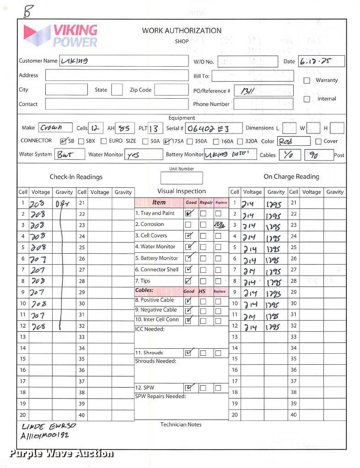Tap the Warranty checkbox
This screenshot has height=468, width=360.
pyautogui.click(x=307, y=80)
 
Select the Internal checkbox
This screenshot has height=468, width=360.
pyautogui.click(x=307, y=99)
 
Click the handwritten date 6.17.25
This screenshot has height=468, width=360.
pyautogui.click(x=315, y=61)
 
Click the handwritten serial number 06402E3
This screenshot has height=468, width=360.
pyautogui.click(x=208, y=128)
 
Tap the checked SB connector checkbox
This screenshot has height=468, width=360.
pyautogui.click(x=64, y=141)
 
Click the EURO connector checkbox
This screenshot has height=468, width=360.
pyautogui.click(x=104, y=141)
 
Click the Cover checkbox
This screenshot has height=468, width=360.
pyautogui.click(x=318, y=141)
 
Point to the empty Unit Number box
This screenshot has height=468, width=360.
pyautogui.click(x=182, y=178)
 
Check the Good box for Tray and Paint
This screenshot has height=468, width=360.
pyautogui.click(x=188, y=213)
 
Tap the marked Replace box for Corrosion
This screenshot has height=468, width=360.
pyautogui.click(x=219, y=224)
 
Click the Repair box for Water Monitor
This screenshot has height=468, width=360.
pyautogui.click(x=203, y=247)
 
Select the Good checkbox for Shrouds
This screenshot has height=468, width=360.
pyautogui.click(x=188, y=353)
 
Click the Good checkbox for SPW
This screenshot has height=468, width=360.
pyautogui.click(x=188, y=388)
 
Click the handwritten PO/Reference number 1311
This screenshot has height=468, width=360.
pyautogui.click(x=247, y=91)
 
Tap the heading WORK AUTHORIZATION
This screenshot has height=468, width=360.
pyautogui.click(x=182, y=31)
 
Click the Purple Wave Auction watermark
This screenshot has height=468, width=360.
pyautogui.click(x=61, y=453)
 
